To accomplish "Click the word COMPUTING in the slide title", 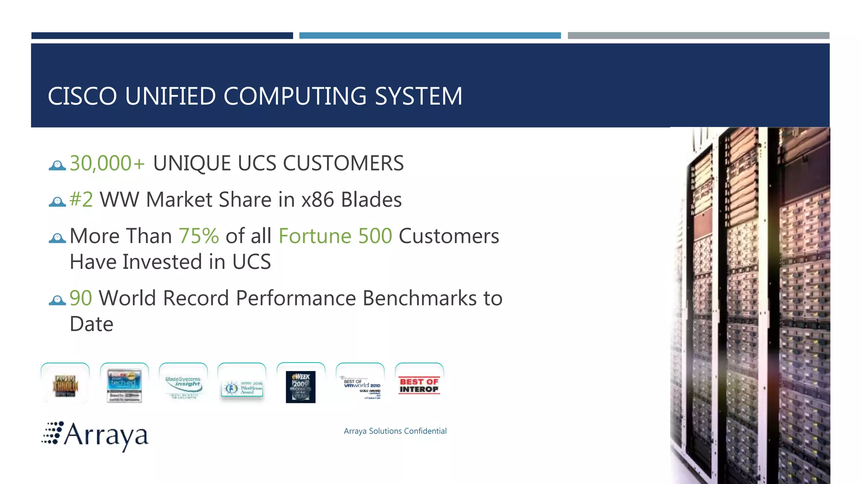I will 295,96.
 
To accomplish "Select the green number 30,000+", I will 107,163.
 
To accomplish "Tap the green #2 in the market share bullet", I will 81,200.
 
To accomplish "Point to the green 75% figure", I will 199,236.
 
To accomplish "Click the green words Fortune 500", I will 335,236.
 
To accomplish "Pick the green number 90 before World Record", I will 81,298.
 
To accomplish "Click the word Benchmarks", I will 419,298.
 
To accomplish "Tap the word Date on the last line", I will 92,324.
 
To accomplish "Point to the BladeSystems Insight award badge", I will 183,384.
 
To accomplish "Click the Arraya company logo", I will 95,436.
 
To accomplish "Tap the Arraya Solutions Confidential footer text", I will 395,431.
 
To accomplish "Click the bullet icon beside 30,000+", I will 57,165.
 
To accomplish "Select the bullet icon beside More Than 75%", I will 57,238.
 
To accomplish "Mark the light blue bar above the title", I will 430,36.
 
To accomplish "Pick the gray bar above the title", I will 698,36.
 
